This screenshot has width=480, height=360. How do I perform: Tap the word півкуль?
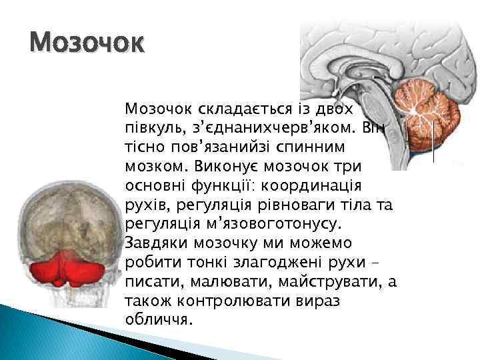click(x=146, y=126)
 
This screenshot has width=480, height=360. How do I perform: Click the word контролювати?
click(x=213, y=301)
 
